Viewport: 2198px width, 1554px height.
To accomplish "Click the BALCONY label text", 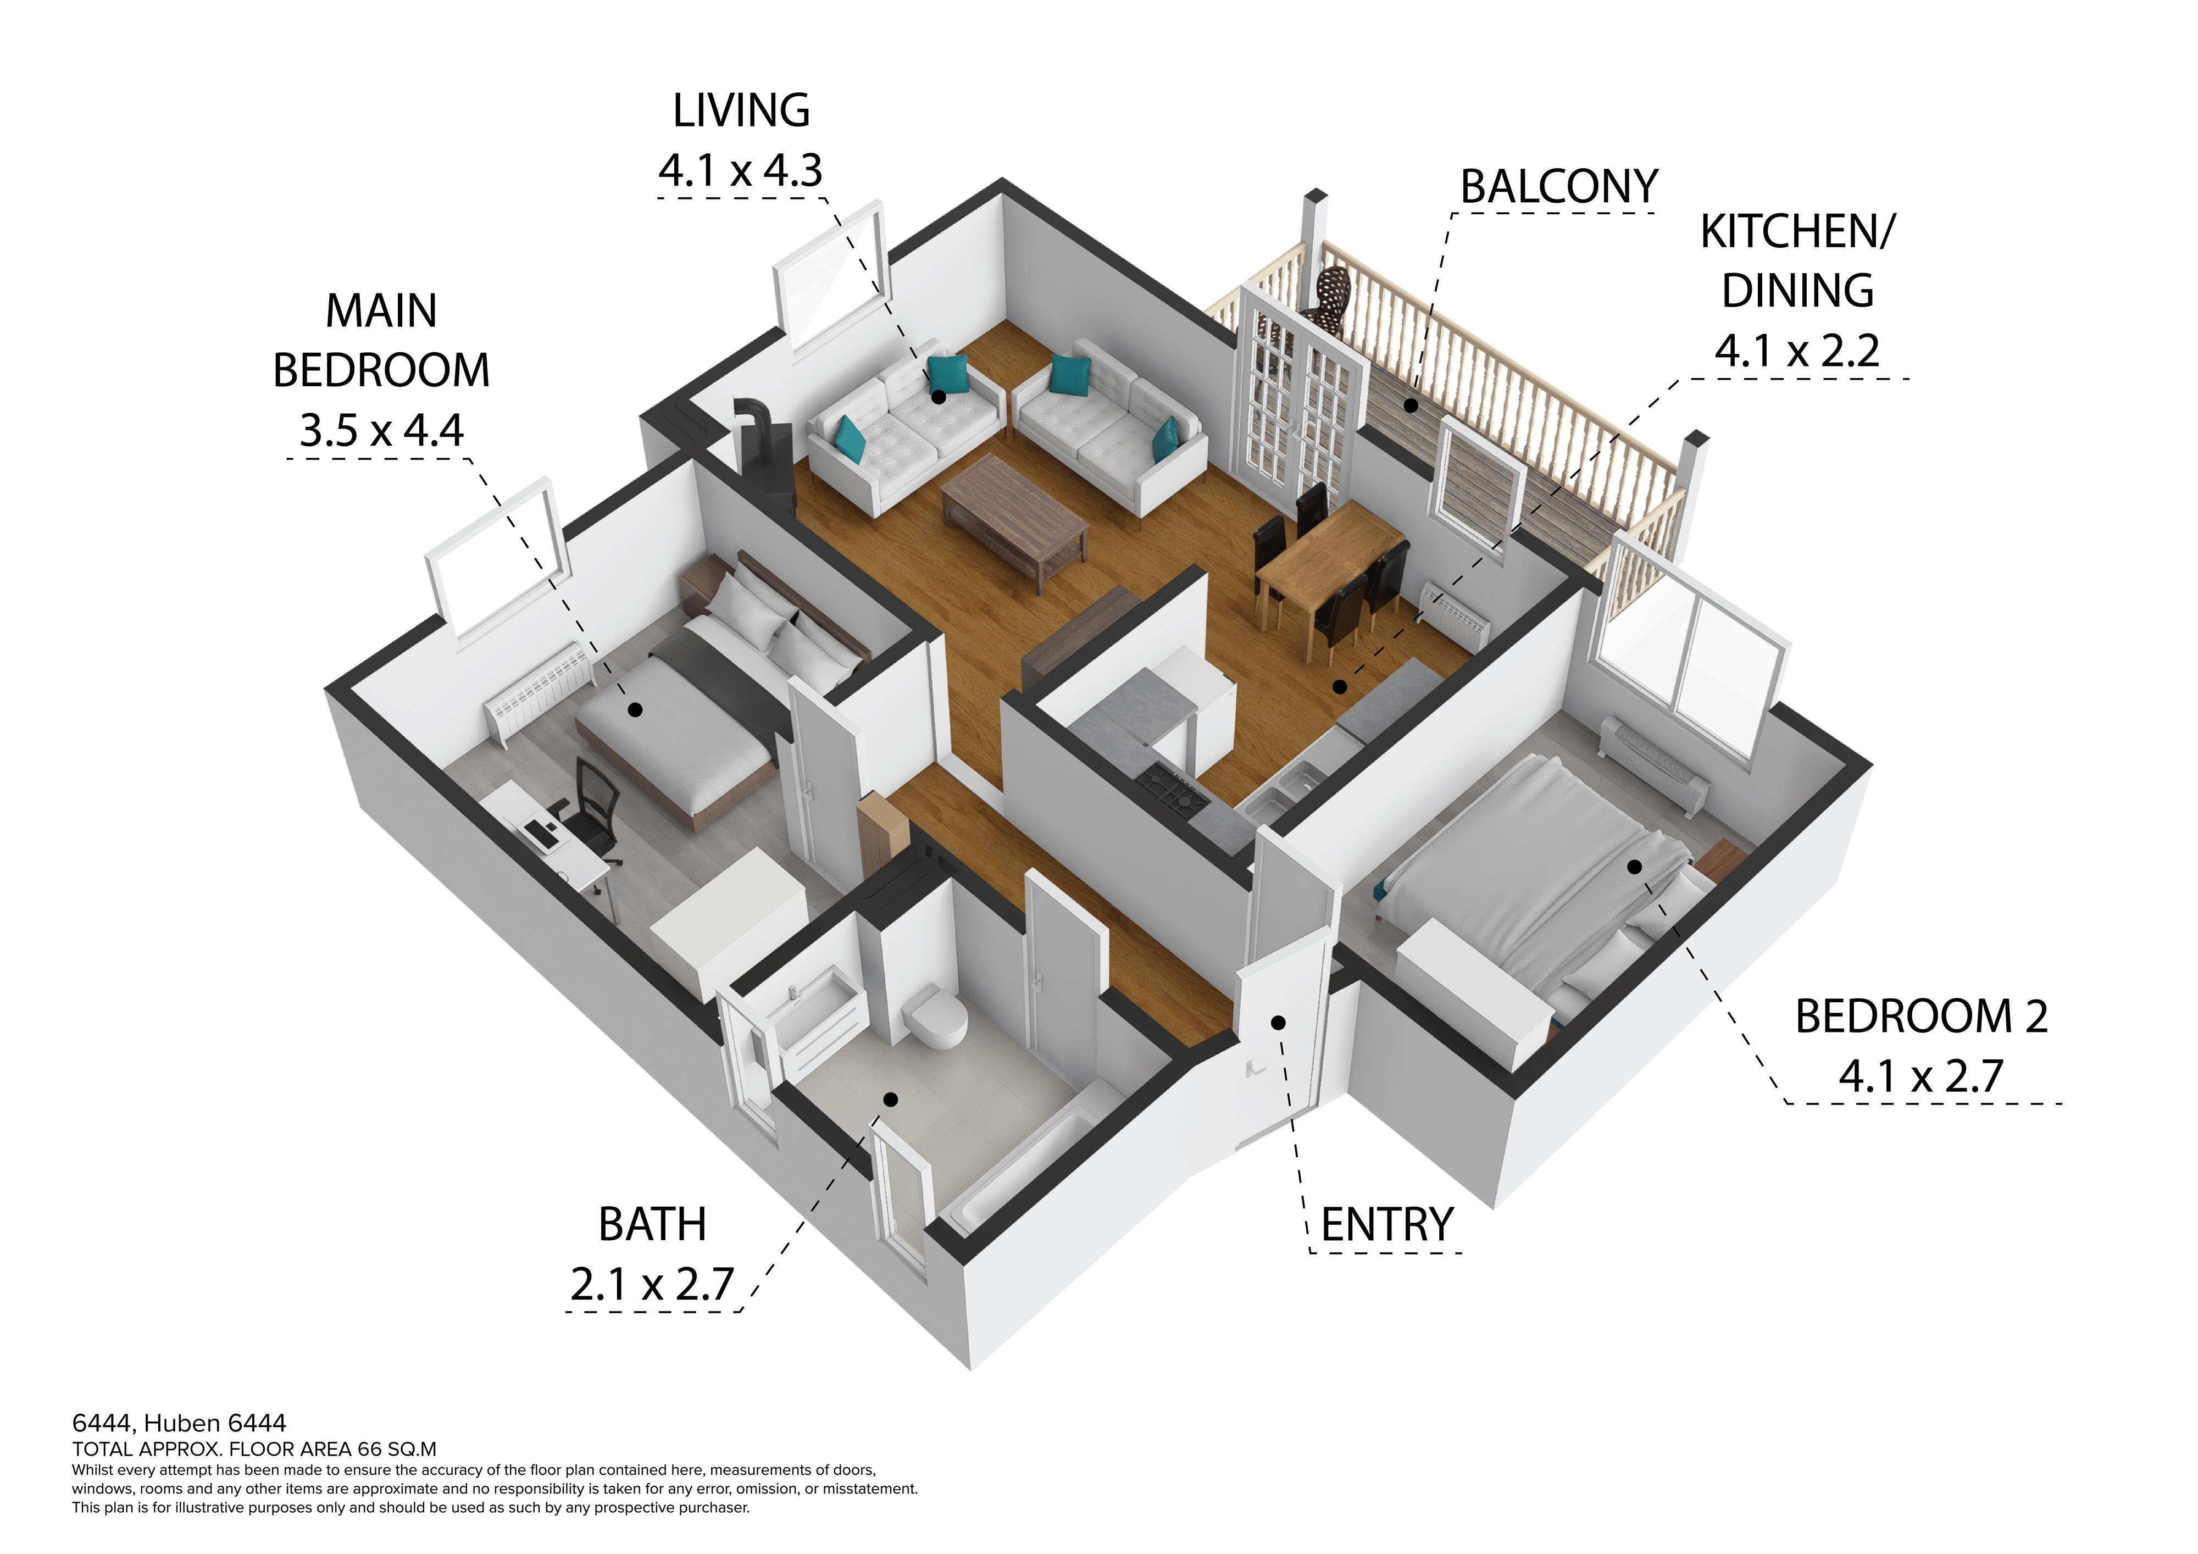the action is tap(1558, 187).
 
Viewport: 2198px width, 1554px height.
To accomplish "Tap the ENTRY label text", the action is tap(1387, 1225).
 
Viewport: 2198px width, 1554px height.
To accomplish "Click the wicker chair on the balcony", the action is tap(1331, 297).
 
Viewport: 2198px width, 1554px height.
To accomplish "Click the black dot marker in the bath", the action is tap(890, 1099).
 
